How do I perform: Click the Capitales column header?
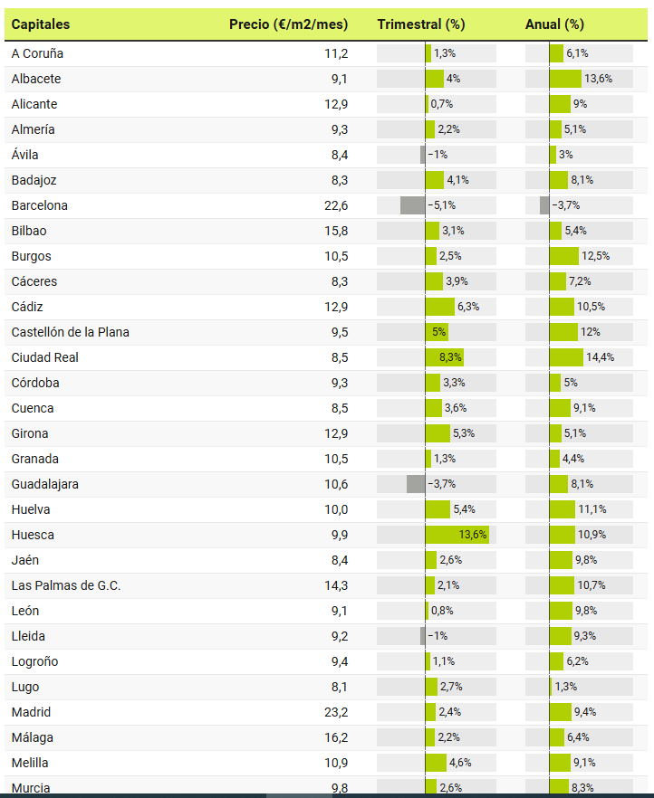41,24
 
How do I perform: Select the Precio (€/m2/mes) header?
288,24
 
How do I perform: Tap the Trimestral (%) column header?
420,24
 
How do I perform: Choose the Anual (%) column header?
554,24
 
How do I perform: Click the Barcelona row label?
40,205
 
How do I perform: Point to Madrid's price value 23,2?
336,712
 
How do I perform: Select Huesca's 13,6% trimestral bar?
457,535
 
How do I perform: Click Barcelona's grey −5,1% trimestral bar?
413,205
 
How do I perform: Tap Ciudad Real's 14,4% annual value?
600,357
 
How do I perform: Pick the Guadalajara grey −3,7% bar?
416,484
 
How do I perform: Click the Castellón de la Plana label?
71,332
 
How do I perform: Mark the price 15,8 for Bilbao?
336,231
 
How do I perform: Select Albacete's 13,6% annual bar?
565,79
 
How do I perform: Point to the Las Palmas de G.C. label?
66,585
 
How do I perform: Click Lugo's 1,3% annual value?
565,687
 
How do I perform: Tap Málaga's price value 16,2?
336,737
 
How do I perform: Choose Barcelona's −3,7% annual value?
565,205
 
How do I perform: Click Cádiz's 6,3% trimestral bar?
440,307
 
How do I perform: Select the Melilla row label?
30,763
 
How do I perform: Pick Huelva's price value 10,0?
336,509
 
